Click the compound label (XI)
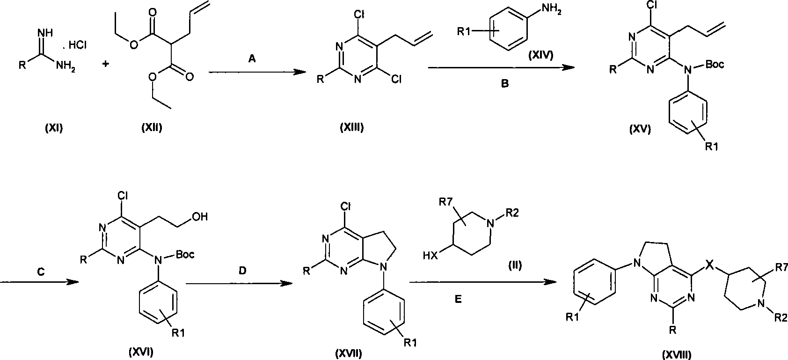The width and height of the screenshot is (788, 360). pos(54,128)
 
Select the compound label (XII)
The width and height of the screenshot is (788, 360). pos(152,127)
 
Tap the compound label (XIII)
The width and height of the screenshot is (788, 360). pos(351,127)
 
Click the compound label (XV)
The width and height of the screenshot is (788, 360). pos(640,130)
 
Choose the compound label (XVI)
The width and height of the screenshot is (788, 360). pos(141,352)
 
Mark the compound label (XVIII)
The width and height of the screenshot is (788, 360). pos(677,354)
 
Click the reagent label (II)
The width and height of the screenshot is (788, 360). pos(515,264)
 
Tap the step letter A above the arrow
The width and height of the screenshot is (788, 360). pos(252,59)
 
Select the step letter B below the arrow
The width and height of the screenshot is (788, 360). pos(504,84)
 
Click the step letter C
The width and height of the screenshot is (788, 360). pos(41,272)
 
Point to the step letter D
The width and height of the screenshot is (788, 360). pos(242,270)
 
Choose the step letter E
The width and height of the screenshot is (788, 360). pos(459,300)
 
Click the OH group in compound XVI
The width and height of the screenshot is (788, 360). pos(199,216)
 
